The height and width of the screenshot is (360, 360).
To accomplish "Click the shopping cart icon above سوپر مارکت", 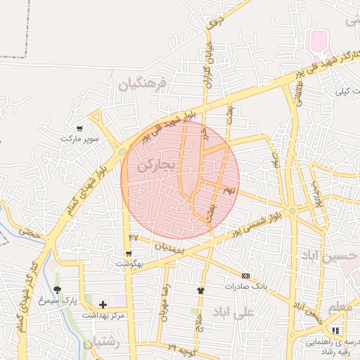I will click(79, 128).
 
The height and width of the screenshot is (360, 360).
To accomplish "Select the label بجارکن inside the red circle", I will click(155, 167).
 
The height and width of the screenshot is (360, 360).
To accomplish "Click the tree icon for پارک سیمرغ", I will click(57, 290).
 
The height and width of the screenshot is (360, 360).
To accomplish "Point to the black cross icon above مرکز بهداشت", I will click(103, 304).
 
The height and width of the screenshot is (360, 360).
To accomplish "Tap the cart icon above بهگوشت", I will click(129, 253).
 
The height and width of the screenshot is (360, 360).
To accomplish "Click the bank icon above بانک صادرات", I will click(245, 276).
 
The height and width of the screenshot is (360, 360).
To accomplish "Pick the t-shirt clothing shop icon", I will click(200, 290).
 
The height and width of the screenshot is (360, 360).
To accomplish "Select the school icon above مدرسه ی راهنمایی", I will click(335, 330).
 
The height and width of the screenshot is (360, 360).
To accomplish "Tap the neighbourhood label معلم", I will click(342, 307).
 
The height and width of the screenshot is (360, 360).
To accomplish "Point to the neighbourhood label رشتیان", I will click(103, 343).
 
